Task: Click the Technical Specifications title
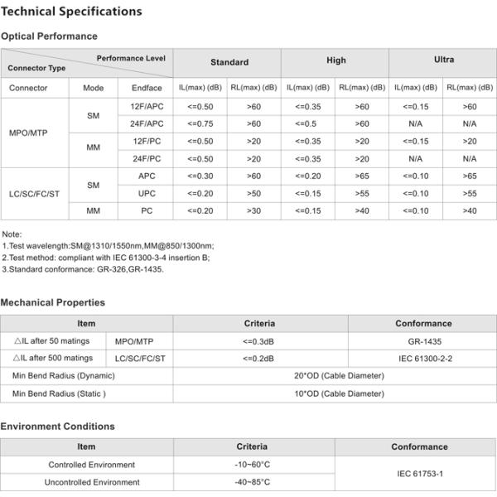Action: [x=71, y=12]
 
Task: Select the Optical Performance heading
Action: [x=49, y=36]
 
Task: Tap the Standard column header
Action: [x=229, y=62]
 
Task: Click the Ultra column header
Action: [x=444, y=60]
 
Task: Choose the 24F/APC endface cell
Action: [x=147, y=123]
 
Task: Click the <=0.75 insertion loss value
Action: [x=200, y=123]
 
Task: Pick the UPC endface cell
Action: [x=147, y=193]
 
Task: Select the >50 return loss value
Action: [x=253, y=193]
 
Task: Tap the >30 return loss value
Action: [x=253, y=210]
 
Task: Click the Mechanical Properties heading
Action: [x=52, y=302]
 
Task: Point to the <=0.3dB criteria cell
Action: [x=258, y=340]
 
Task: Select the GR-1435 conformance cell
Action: [x=423, y=340]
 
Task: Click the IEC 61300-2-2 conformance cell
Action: [x=423, y=358]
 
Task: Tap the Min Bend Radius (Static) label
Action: [x=59, y=393]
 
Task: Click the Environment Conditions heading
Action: [x=57, y=426]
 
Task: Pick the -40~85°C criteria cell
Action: [x=252, y=481]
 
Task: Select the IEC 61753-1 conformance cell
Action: [x=419, y=473]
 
